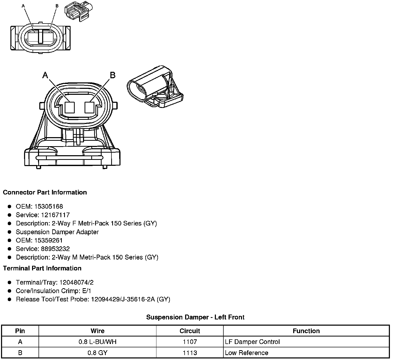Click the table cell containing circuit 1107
[190, 342]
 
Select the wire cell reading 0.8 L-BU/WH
[97, 342]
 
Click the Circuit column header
[190, 331]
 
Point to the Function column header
[306, 331]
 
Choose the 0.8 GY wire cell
[97, 353]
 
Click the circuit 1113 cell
[190, 353]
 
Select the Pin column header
[20, 331]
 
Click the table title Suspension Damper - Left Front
[195, 317]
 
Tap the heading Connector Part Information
[45, 192]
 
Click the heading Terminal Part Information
[42, 268]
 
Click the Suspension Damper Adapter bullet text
[57, 232]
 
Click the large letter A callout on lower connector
[45, 75]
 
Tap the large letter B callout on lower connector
[112, 75]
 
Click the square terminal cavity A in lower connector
[70, 107]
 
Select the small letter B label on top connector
[57, 6]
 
